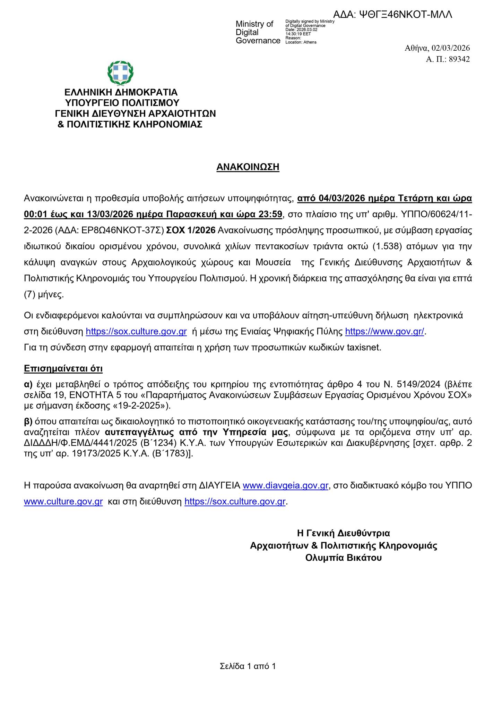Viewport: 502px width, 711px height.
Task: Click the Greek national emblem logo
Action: click(120, 73)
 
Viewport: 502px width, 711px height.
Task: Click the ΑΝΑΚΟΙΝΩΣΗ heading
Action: click(248, 167)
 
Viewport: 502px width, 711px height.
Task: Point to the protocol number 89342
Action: click(459, 59)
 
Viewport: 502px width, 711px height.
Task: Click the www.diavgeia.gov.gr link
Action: click(285, 485)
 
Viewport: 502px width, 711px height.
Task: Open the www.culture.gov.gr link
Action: click(63, 502)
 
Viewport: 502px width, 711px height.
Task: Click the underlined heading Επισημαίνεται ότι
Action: click(63, 368)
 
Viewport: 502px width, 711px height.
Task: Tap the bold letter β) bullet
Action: click(28, 421)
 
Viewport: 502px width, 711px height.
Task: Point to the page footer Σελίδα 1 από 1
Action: click(248, 666)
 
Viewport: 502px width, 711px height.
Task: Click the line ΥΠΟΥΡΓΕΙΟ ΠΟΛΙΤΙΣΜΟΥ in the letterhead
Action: click(122, 103)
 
